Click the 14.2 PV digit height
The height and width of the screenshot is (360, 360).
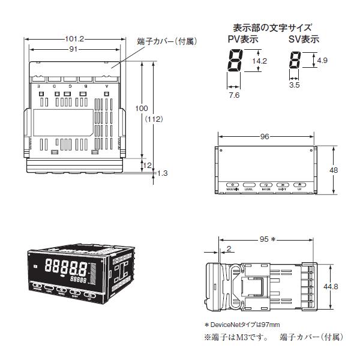click(x=259, y=61)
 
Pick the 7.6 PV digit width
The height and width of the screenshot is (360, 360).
click(x=234, y=94)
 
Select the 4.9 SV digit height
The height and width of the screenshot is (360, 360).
click(x=323, y=61)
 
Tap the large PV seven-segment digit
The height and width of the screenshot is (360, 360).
click(x=233, y=61)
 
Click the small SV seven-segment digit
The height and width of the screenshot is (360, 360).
click(x=294, y=61)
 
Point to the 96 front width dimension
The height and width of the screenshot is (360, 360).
click(x=264, y=136)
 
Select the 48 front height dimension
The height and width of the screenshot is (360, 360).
click(x=335, y=170)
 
